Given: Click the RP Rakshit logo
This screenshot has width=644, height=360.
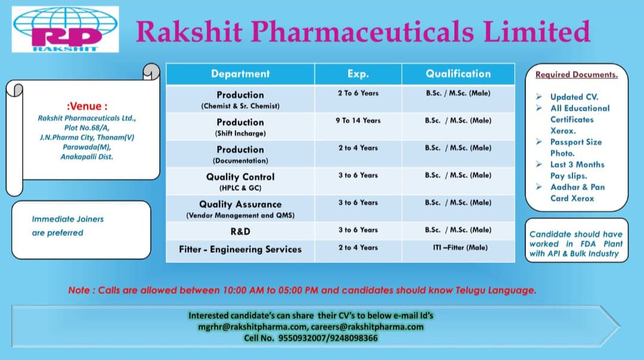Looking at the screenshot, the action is click(66, 29).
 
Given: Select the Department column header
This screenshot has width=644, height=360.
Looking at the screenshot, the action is click(240, 74).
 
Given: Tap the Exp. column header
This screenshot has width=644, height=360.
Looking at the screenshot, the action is click(358, 74).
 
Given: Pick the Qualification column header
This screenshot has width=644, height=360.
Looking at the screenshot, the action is click(458, 74).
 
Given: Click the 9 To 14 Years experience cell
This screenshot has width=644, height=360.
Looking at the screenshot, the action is click(358, 120).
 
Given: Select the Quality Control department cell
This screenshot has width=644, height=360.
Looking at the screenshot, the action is click(240, 181).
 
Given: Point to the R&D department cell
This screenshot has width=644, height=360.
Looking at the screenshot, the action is click(240, 231).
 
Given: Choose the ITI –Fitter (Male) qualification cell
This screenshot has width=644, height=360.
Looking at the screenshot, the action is click(460, 247).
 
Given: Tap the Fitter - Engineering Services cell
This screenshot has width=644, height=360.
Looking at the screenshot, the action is click(240, 249).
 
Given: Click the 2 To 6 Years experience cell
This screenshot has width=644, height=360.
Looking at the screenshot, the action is click(358, 93).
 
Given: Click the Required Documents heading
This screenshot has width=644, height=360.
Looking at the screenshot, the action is click(576, 75).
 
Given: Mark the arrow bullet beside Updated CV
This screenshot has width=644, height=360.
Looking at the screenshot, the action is click(539, 97).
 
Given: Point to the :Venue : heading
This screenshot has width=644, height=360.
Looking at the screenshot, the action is click(87, 106).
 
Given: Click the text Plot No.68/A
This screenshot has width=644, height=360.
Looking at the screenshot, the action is click(86, 128).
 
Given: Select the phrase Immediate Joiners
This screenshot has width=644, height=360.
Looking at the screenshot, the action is click(68, 219).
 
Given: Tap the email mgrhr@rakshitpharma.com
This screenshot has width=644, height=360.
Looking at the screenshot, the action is click(253, 327).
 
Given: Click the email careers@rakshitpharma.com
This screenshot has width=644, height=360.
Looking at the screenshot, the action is click(367, 327).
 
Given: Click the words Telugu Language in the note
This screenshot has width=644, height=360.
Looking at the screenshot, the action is click(496, 291).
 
